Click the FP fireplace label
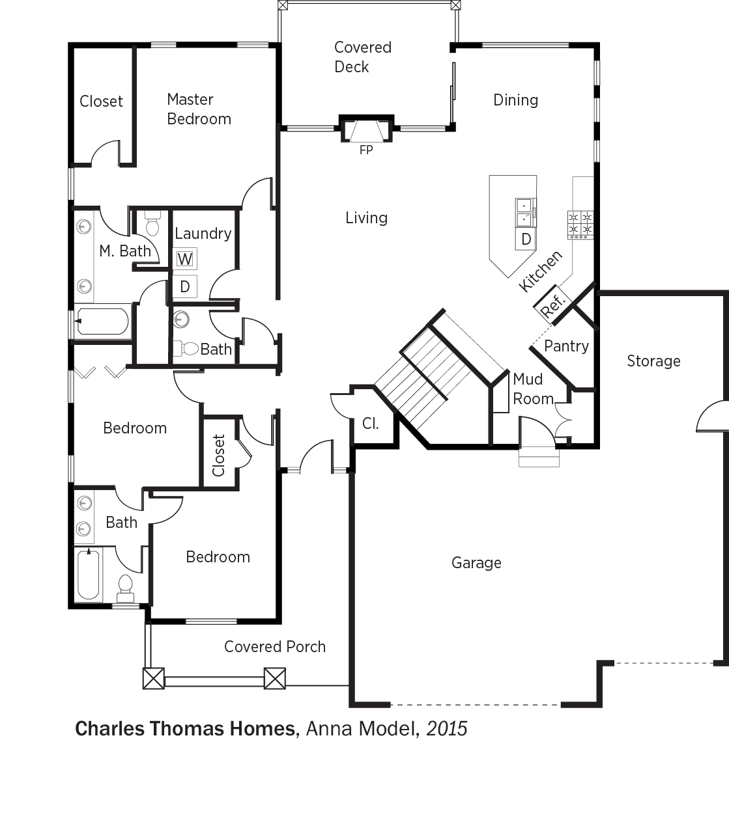pos(366,150)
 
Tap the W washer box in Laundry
pos(185,259)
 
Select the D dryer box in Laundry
pos(185,286)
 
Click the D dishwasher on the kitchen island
pos(526,239)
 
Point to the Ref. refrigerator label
pos(552,305)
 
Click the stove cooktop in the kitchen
pos(580,225)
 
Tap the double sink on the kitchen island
pos(526,213)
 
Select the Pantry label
pos(566,346)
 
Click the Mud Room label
pos(532,389)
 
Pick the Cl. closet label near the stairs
pos(371,424)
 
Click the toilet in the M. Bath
pos(152,224)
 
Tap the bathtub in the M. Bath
pos(102,322)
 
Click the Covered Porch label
pos(275,646)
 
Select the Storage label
pos(653,361)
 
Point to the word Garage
pos(476,563)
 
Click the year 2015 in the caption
pos(447,728)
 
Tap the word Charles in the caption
pos(109,728)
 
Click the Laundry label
pos(203,234)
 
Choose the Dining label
pos(515,100)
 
